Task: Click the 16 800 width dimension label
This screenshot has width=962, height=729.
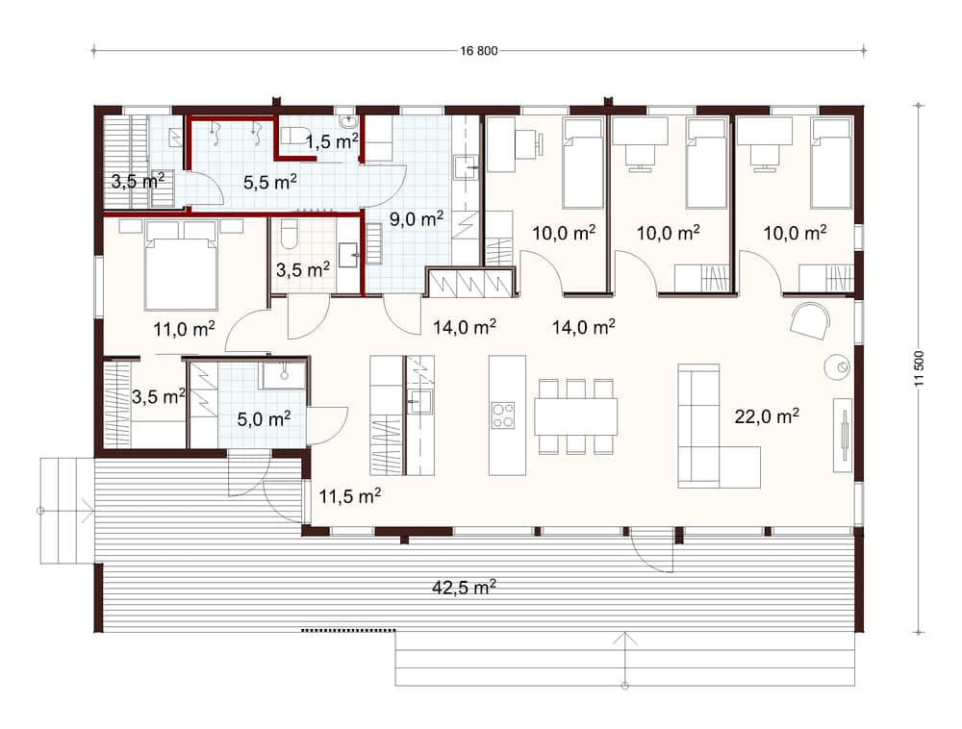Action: [478, 51]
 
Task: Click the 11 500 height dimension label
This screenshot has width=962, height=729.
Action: [919, 368]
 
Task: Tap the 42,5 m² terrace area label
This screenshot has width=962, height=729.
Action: [464, 587]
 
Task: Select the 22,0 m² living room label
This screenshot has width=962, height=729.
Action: [767, 416]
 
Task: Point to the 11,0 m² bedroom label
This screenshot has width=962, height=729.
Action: [184, 329]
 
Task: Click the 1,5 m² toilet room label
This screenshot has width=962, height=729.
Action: [332, 141]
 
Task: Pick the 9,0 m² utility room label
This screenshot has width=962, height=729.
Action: [417, 218]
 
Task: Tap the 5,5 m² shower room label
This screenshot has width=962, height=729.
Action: [270, 182]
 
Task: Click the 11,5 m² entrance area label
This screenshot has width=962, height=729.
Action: [350, 495]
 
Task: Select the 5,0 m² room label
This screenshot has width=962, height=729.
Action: [264, 418]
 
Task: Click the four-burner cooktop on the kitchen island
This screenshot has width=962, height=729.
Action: [503, 415]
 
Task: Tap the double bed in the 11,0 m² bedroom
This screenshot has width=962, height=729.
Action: [181, 264]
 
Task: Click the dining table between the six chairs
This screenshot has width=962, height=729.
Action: [575, 417]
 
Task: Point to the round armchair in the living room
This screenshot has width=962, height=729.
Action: [810, 320]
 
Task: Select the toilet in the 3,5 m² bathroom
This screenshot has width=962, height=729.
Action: [289, 235]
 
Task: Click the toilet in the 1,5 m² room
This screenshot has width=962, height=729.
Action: [293, 135]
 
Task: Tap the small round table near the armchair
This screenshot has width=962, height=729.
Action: [837, 366]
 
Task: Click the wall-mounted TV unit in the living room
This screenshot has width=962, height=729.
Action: [843, 435]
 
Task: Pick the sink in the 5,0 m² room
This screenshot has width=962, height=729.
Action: [284, 375]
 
